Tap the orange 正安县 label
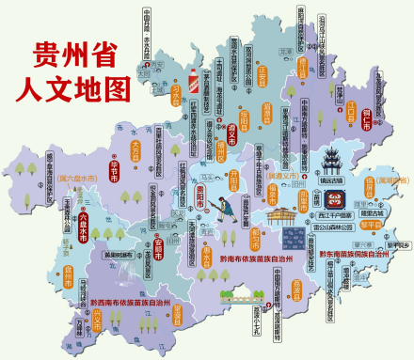click(263, 70)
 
